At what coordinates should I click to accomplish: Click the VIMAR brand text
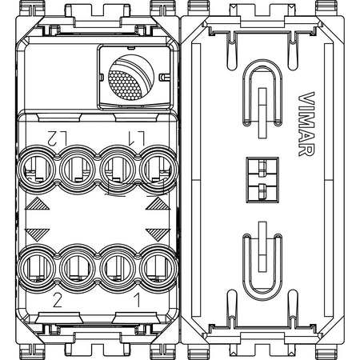coord(306,124)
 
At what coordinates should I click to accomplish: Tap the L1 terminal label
coord(136,138)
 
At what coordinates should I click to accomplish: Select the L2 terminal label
coord(57,138)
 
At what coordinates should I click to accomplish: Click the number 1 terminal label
coord(137,299)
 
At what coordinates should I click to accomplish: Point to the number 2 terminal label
coord(58,300)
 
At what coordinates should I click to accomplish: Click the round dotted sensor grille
coord(131,78)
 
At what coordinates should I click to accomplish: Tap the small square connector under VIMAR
coord(262,180)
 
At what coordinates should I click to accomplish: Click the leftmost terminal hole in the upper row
coord(38,169)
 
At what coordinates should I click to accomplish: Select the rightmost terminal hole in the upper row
coord(158,169)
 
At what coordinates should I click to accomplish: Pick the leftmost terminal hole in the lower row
coord(38,267)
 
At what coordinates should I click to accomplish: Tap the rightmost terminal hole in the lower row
coord(158,267)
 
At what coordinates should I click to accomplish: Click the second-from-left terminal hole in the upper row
coord(78,169)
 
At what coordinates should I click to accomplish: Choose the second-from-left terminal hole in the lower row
coord(78,267)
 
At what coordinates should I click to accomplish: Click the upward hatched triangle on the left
coord(38,205)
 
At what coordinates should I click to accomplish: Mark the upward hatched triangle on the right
coord(158,205)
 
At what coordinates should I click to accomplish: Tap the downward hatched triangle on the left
coord(38,234)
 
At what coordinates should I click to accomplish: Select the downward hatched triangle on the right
coord(158,234)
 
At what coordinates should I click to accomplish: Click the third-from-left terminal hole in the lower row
coord(118,267)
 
